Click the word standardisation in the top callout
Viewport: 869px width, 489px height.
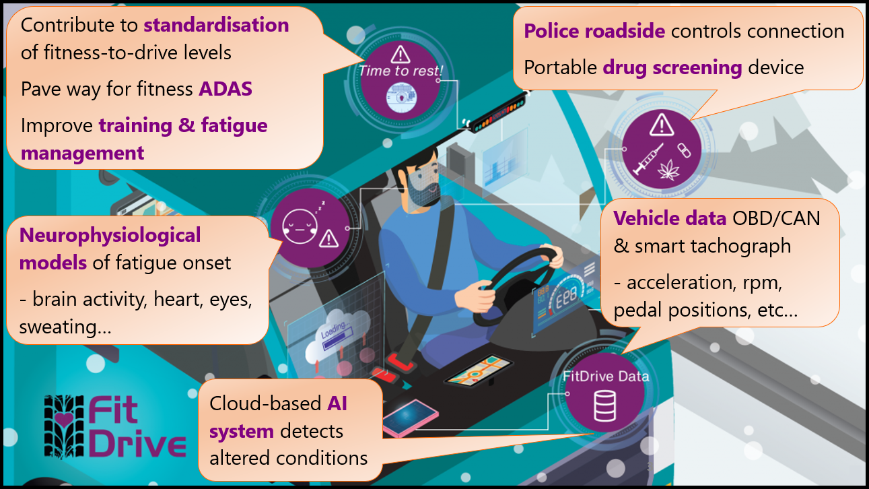pyautogui.click(x=216, y=26)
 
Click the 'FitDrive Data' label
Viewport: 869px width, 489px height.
pyautogui.click(x=606, y=377)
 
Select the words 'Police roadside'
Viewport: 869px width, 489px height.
pyautogui.click(x=594, y=31)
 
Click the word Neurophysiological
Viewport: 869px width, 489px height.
pyautogui.click(x=110, y=235)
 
